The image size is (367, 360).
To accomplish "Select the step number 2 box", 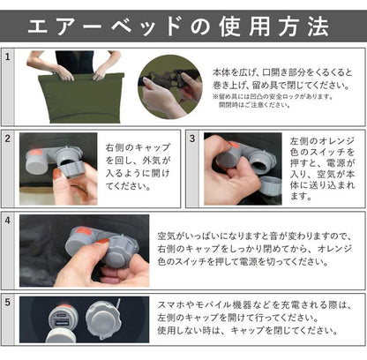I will click(9, 139).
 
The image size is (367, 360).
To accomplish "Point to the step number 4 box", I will click(9, 221).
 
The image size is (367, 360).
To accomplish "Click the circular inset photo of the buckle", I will click(169, 86).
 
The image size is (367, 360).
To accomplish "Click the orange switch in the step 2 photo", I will click(41, 145).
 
